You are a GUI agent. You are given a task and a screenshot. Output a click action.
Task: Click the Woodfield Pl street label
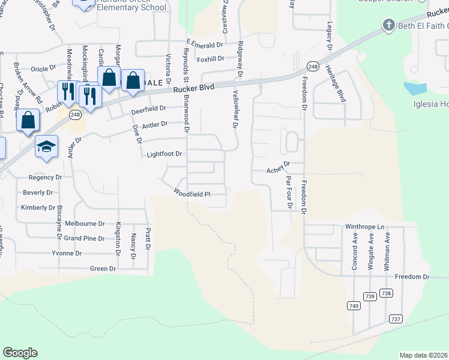point(192,194)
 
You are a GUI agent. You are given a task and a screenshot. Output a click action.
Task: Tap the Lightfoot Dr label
point(164,154)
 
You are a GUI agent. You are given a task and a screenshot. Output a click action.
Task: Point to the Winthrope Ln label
point(364,227)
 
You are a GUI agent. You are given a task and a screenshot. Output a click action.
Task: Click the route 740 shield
point(354,306)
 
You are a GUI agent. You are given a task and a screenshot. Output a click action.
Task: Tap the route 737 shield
point(395,319)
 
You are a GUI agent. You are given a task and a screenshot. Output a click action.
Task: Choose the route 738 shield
point(386,293)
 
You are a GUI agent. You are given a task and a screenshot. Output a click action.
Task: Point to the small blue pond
point(415,89)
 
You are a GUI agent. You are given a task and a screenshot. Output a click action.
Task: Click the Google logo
point(20,353)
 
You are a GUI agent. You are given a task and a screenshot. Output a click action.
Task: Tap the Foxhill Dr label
point(210,59)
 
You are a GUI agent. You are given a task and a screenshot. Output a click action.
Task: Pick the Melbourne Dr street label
point(85,223)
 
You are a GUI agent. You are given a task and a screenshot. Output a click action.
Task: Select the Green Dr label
point(103,269)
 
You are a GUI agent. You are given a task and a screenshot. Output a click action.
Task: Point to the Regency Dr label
point(46,178)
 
